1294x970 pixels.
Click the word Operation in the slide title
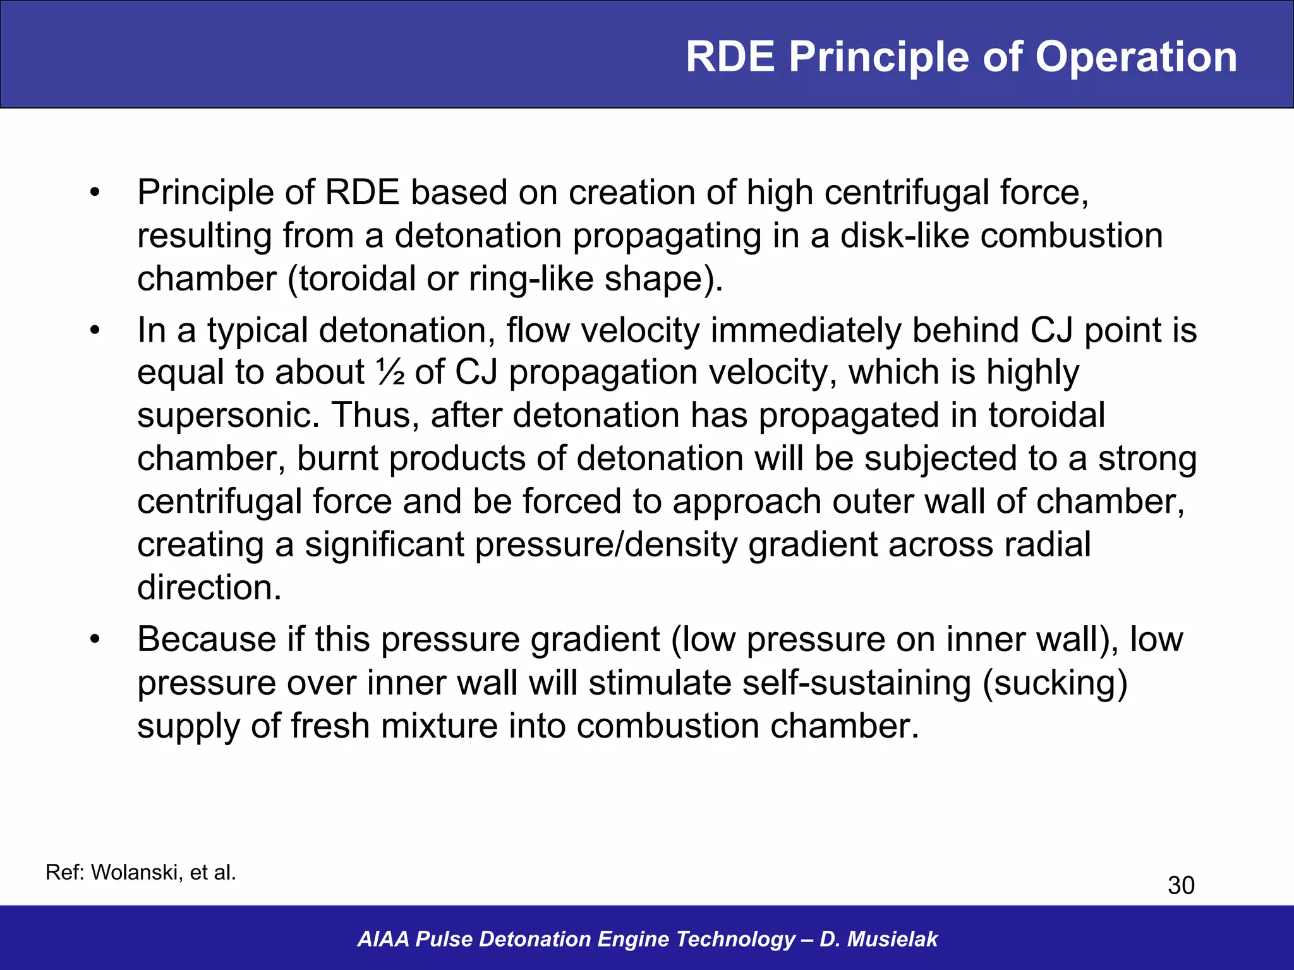pos(1136,57)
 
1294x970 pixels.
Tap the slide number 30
pos(1180,885)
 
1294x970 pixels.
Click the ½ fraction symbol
pos(390,372)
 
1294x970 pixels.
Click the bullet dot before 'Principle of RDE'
pos(95,193)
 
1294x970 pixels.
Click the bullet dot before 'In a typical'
pos(95,330)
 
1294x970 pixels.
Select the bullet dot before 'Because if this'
pos(95,639)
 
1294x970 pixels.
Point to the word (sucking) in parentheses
pos(1055,683)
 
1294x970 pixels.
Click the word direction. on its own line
pos(209,587)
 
